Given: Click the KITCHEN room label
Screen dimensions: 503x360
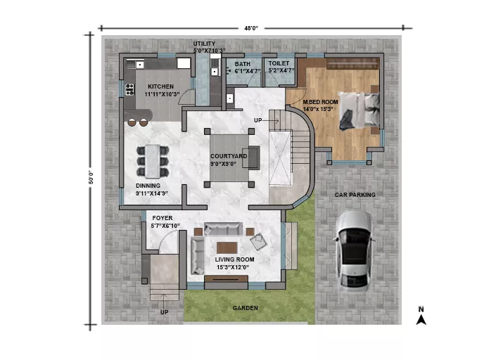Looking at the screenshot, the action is click(x=160, y=86).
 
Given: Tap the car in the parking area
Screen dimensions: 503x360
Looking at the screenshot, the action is click(x=354, y=251).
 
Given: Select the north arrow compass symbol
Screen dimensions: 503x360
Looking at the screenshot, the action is click(x=421, y=316).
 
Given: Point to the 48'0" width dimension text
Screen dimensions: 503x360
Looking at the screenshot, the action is click(x=251, y=28).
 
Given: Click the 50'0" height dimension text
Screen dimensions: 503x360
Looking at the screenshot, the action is click(x=91, y=177).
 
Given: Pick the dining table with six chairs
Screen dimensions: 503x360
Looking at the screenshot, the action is click(x=153, y=161).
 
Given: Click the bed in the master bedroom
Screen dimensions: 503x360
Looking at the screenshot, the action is click(x=359, y=110).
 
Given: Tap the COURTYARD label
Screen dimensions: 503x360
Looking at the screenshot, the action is click(x=229, y=156).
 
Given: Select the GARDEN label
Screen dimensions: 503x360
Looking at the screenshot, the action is click(x=245, y=308).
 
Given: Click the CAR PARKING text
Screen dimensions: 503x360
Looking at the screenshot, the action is click(x=355, y=195).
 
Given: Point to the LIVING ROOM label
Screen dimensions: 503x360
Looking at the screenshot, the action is click(x=234, y=259).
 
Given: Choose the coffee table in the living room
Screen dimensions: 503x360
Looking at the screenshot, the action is click(x=227, y=247).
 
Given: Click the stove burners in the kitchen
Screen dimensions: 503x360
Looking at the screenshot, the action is click(x=129, y=89).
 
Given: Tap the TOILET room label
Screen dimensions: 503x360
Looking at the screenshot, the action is click(x=279, y=63).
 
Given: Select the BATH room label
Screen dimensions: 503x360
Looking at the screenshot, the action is click(x=242, y=64).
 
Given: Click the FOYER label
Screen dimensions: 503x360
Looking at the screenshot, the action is click(x=163, y=218).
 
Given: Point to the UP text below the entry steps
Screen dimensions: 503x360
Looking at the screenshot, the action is click(x=164, y=312).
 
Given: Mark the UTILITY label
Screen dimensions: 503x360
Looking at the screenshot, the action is click(x=204, y=44).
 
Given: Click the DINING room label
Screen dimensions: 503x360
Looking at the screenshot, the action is click(x=148, y=186).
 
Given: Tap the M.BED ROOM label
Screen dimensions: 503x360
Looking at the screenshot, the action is click(x=321, y=102).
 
